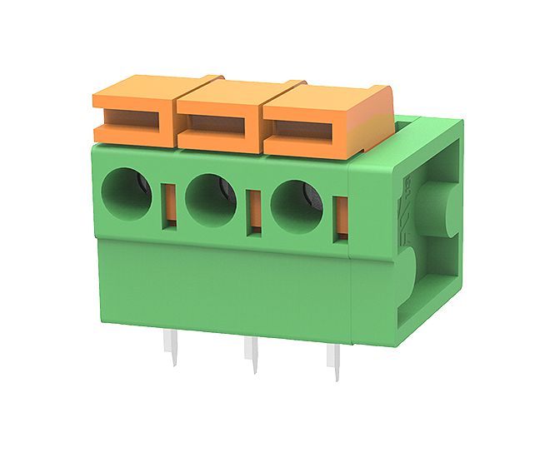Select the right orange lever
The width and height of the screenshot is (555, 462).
[x=325, y=121]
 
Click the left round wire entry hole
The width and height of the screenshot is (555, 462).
[x=126, y=192]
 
